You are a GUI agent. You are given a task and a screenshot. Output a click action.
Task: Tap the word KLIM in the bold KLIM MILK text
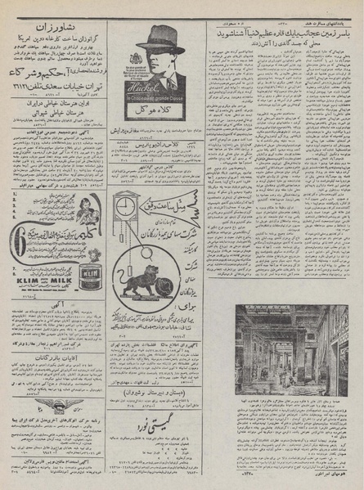coord(29,279)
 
